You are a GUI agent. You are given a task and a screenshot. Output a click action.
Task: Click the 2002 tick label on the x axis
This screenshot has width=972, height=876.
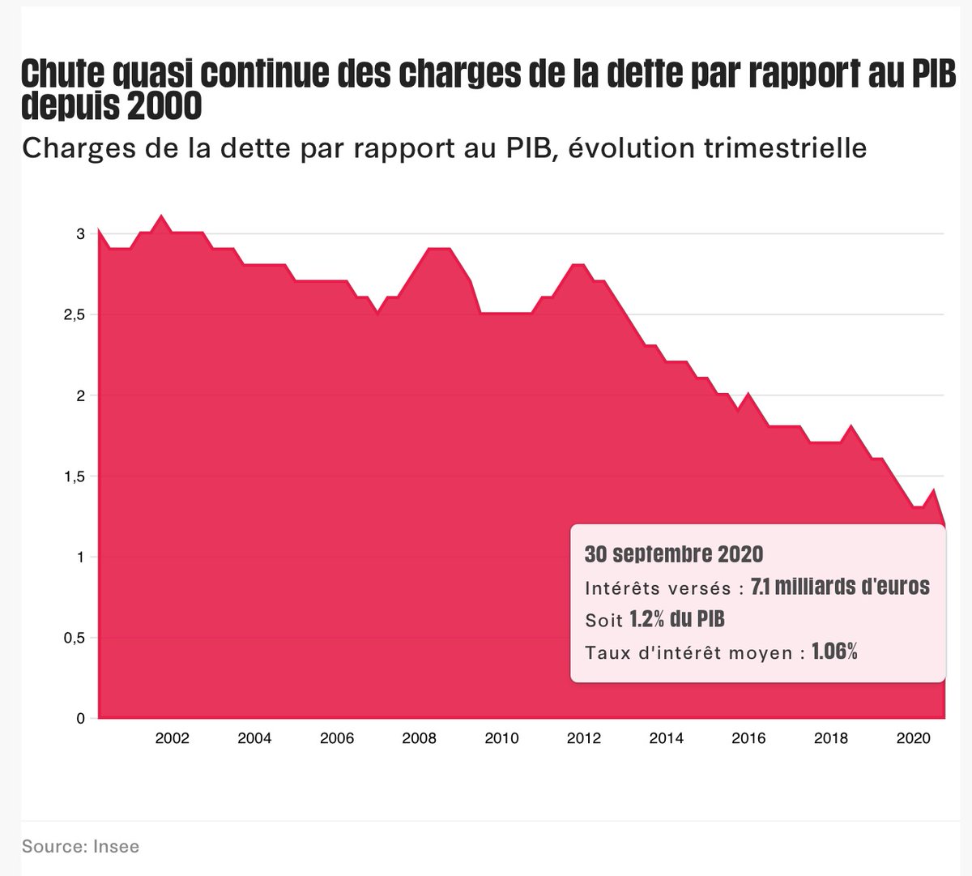point(172,738)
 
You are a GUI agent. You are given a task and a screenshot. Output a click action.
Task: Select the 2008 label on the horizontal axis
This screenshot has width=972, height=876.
point(419,738)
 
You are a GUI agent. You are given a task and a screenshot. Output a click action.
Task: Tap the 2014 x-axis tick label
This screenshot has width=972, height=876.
point(666,738)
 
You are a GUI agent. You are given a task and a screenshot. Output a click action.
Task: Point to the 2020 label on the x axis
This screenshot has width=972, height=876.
point(913,738)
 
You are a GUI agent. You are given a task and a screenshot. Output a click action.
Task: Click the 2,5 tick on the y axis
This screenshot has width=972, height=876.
point(75,314)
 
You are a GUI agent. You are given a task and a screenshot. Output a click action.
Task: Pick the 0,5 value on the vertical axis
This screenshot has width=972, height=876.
point(75,638)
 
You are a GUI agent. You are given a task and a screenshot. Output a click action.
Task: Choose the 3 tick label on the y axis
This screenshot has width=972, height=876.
point(80,234)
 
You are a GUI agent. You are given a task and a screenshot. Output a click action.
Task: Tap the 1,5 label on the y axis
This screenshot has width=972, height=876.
point(75,476)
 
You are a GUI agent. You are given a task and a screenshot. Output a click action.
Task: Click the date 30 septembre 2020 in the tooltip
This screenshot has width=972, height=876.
point(674,554)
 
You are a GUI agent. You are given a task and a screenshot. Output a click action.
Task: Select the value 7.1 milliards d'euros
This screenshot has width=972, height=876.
point(840,587)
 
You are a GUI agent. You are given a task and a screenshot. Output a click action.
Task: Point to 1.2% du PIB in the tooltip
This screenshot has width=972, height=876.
point(677,620)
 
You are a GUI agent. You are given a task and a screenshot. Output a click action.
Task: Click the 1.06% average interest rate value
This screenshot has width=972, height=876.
point(834,652)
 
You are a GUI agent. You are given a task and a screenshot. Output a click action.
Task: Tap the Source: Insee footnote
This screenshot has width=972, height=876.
point(80,847)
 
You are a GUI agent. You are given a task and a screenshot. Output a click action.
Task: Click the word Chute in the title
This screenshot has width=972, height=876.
point(62,75)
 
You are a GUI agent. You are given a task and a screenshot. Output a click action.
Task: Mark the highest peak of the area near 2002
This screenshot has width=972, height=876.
point(161,216)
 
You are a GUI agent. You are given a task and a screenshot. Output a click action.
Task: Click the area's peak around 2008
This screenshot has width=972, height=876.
point(439,249)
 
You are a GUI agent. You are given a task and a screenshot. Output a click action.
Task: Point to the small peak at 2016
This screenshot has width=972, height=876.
point(748,395)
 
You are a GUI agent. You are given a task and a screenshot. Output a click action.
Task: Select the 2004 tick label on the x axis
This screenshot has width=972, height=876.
point(254,738)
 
